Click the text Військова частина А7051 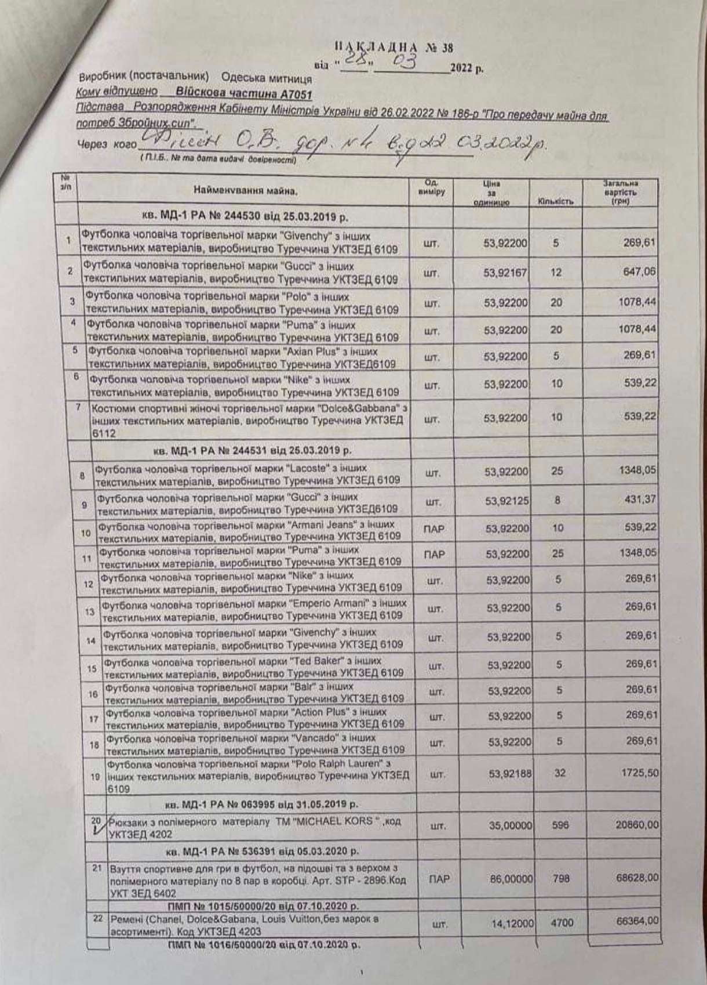click(244, 94)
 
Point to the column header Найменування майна click(246, 190)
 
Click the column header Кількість click(555, 202)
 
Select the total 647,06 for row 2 click(639, 271)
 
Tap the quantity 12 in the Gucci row click(556, 271)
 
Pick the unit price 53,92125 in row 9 click(507, 500)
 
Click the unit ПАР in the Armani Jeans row click(434, 528)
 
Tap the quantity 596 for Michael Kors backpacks click(560, 824)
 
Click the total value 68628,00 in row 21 click(637, 878)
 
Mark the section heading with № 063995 click(261, 805)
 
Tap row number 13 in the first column click(90, 611)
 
